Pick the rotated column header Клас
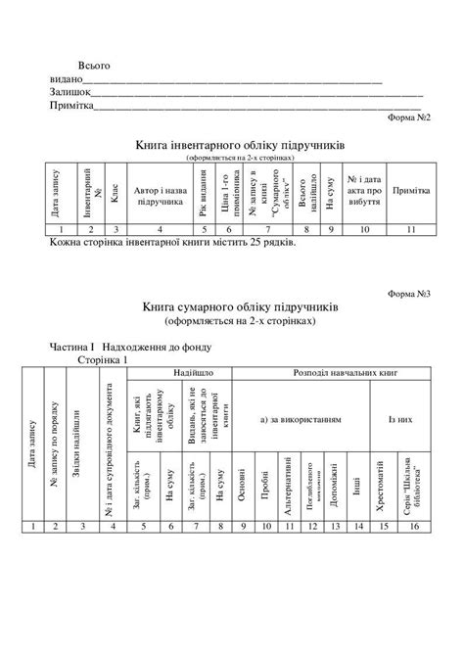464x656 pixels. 115,193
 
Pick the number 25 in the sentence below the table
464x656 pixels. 257,240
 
